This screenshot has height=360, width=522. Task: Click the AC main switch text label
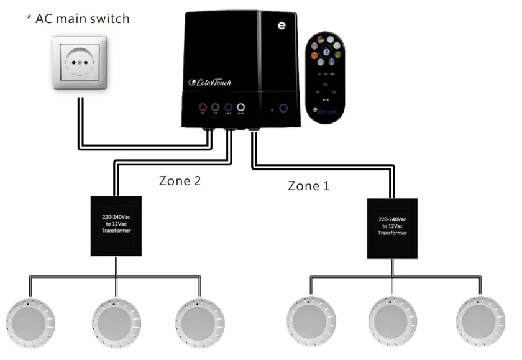click(x=78, y=19)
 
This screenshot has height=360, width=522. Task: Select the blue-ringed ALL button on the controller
click(x=228, y=107)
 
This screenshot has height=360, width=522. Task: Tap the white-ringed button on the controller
click(x=240, y=107)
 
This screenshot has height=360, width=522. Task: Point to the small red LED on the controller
click(x=272, y=109)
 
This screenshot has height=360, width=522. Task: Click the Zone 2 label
click(x=180, y=182)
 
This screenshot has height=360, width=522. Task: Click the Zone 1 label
click(x=308, y=185)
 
